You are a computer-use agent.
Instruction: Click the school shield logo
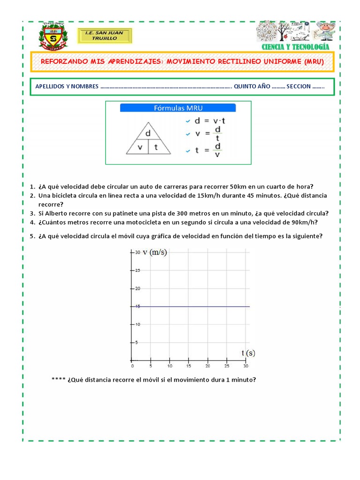(53, 36)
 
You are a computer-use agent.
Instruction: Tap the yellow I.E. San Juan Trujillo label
(105, 36)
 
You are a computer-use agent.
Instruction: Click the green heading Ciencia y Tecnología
(295, 47)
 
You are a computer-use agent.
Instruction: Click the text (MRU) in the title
(314, 61)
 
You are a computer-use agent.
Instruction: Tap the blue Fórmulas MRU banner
(178, 108)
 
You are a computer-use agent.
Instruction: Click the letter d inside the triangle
(148, 133)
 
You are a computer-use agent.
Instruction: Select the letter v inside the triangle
(140, 147)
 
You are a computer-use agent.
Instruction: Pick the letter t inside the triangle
(156, 147)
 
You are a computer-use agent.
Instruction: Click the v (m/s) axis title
(155, 252)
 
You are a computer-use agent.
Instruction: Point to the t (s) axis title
(248, 352)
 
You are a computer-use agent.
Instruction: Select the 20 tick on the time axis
(207, 366)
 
